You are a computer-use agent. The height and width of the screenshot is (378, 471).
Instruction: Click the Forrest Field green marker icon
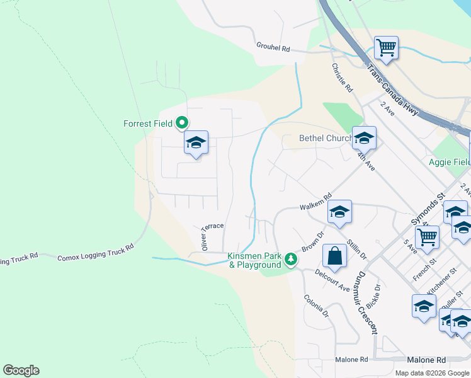183,122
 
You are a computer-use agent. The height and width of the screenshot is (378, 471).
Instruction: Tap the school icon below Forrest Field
196,144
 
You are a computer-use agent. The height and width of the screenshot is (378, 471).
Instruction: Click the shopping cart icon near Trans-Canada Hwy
386,48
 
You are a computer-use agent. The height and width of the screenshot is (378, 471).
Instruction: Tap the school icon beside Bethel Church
364,138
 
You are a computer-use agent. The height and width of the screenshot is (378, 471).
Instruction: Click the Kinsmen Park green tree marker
290,258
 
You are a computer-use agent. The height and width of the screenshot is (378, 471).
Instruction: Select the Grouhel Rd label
273,47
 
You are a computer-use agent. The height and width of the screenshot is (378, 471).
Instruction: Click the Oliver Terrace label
212,236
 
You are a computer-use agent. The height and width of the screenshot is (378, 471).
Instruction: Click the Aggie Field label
450,162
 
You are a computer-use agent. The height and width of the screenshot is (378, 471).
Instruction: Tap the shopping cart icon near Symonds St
427,238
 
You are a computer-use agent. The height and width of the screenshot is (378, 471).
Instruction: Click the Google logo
21,370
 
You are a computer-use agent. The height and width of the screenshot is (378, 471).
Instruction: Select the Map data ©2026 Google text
431,373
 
